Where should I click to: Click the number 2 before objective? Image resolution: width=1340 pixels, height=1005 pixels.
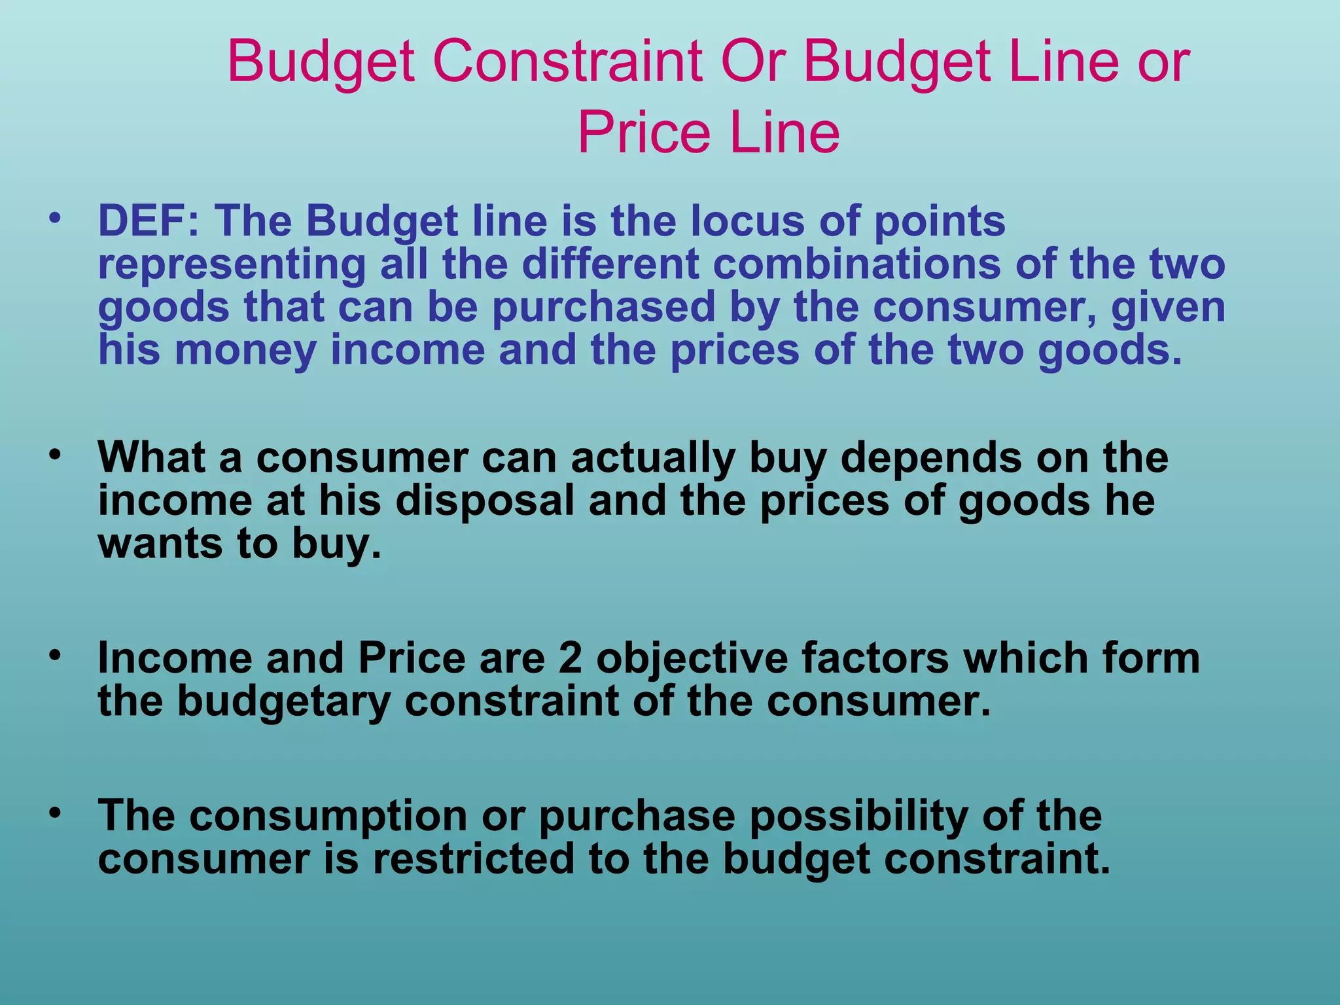(x=571, y=658)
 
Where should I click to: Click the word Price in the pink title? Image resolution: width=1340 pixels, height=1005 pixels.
(x=644, y=133)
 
